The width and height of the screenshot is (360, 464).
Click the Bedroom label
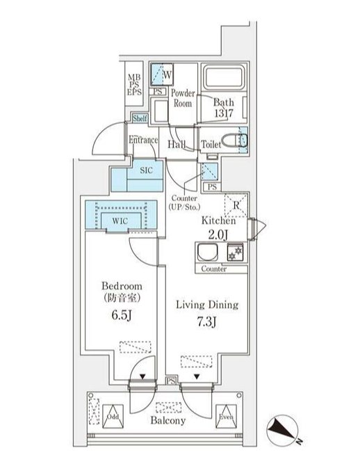click(x=122, y=286)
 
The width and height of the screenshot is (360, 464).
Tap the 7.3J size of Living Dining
click(x=207, y=321)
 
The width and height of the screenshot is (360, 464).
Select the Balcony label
click(x=168, y=420)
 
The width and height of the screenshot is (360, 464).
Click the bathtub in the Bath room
click(x=224, y=77)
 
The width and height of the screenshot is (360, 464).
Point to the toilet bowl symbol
click(x=234, y=141)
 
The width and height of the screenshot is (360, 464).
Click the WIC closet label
click(x=120, y=221)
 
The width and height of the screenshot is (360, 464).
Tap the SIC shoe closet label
click(x=147, y=170)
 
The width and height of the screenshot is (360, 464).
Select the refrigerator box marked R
click(x=236, y=205)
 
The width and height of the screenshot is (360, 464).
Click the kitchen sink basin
click(x=208, y=252)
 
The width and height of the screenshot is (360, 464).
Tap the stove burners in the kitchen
click(x=236, y=252)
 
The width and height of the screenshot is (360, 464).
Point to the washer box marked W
click(x=162, y=74)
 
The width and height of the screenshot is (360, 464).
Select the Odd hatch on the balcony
click(x=113, y=417)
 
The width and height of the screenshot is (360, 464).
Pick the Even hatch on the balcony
click(x=226, y=417)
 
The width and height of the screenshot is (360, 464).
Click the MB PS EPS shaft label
click(x=134, y=85)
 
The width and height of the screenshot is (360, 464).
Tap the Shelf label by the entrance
click(x=140, y=119)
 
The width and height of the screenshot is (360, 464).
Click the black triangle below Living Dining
click(x=197, y=377)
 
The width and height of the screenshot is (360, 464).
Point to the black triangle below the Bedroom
click(x=142, y=377)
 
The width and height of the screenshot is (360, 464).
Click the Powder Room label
click(x=183, y=98)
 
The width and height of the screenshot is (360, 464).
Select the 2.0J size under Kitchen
click(x=218, y=234)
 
